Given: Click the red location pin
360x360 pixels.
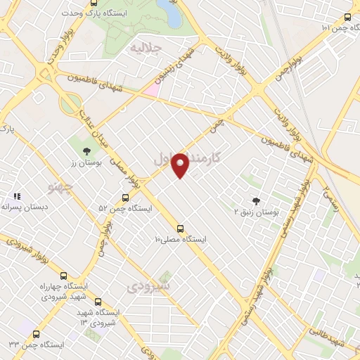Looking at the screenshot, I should (181, 165).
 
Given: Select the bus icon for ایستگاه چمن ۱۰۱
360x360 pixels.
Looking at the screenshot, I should (347, 18).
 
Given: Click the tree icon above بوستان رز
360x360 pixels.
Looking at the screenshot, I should (86, 150).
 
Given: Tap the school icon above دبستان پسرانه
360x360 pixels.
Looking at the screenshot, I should (16, 196).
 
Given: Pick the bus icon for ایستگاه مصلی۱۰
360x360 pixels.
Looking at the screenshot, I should (181, 229).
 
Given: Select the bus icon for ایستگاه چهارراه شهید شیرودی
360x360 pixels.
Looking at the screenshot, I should (65, 277).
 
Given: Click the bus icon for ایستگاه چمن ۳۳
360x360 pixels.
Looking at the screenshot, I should (32, 335).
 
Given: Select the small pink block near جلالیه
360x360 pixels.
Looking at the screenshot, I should (152, 90).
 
